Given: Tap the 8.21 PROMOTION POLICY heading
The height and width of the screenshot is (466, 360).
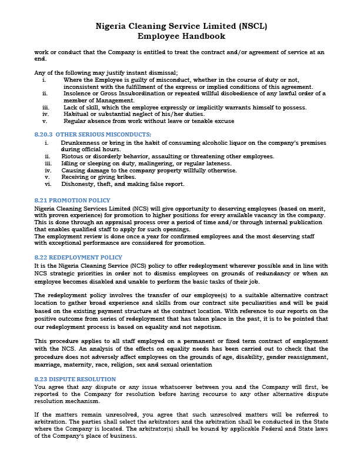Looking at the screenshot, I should tap(72, 201).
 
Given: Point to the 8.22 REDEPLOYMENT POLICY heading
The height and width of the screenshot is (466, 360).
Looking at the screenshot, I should tap(78, 257).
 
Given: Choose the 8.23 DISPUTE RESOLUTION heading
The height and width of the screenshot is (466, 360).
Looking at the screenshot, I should tap(75, 379).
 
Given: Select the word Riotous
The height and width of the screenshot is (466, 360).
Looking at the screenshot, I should tap(72, 156).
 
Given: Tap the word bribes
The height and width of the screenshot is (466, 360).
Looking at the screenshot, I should tap(108, 177).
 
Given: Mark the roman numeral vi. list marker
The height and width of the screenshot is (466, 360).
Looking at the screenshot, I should tap(48, 184).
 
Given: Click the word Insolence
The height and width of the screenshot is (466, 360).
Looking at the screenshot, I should tap(78, 93).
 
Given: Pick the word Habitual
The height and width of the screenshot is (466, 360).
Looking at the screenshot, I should tap(76, 114).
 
